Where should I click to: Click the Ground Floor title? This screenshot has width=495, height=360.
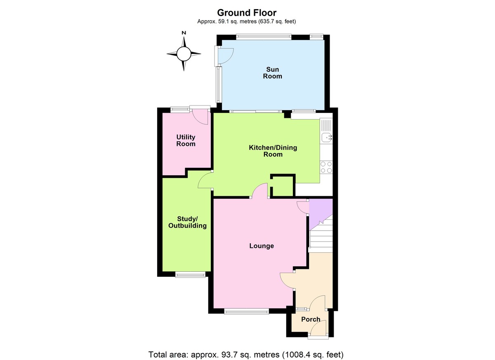coord(247,13)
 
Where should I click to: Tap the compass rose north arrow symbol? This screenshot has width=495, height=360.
coord(184,53)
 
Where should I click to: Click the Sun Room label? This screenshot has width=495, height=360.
coord(273,73)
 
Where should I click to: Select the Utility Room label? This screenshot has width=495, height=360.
coord(186,140)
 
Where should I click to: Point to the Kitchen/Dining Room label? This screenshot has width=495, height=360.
coord(273,151)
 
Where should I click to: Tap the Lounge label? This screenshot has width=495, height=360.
coord(262,246)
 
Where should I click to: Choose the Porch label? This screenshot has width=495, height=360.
coord(311,319)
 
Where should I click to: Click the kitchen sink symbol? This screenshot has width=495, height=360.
coord(326,137)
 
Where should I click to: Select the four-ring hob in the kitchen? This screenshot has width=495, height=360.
coord(326,167)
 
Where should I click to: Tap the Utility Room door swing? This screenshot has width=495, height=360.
coord(200,116)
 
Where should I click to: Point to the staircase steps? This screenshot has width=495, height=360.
coord(321,236)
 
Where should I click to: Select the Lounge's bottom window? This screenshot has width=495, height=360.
coord(246,311)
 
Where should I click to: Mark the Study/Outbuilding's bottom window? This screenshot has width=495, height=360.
coord(190,274)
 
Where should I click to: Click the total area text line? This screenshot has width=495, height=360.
coord(246,354)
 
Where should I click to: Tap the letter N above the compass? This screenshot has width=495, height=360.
coord(184,33)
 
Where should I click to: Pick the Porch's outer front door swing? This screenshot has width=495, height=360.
coord(318,329)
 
